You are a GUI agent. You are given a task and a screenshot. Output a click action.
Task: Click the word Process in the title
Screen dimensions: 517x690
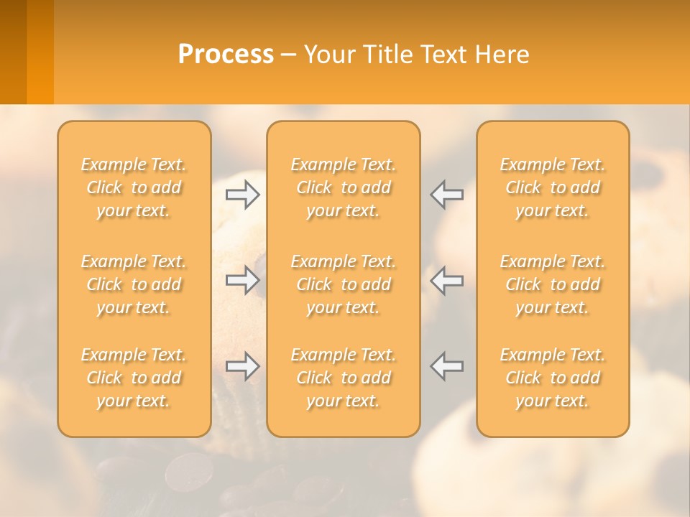(226, 55)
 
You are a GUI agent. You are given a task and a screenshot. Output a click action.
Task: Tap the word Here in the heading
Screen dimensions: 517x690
(502, 55)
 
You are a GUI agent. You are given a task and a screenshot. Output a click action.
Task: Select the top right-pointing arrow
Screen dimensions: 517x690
(243, 195)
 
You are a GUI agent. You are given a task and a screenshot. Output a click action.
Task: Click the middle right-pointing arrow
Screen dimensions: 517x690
(243, 280)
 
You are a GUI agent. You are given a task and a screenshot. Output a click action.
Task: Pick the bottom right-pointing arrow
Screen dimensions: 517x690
(243, 366)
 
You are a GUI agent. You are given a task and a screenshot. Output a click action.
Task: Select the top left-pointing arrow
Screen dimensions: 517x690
(447, 195)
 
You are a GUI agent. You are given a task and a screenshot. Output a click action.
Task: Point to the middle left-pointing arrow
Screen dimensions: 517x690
(447, 280)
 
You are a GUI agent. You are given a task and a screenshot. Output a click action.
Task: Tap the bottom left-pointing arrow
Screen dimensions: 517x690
(447, 366)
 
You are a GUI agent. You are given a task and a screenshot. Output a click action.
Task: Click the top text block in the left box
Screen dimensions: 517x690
(134, 187)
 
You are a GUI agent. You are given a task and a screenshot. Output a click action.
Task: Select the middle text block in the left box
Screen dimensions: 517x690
(134, 284)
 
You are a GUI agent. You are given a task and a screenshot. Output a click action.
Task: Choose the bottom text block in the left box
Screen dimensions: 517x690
(134, 378)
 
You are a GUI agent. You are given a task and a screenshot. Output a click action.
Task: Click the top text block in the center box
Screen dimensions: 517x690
(344, 187)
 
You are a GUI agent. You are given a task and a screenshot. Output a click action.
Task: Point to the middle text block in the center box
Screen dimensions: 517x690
(344, 284)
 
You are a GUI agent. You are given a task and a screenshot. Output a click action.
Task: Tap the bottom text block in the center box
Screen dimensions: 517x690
(344, 378)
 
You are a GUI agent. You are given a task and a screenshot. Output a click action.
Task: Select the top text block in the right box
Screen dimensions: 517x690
(553, 187)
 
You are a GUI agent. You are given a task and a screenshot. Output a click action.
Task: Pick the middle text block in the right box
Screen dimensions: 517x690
(553, 284)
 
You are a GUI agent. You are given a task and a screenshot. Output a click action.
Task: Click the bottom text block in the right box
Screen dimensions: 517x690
(553, 378)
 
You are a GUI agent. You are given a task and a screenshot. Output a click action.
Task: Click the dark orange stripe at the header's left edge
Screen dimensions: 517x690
(13, 52)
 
